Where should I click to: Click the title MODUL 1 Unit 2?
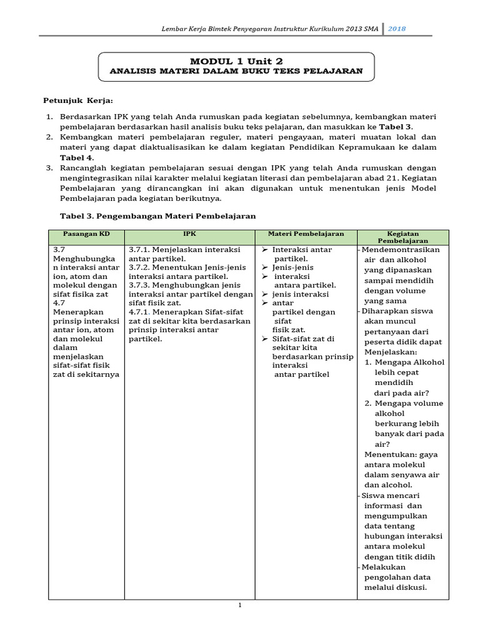[x=236, y=61]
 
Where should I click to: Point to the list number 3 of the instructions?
[x=49, y=168]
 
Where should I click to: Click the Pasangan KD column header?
[x=86, y=234]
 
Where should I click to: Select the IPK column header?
[x=189, y=234]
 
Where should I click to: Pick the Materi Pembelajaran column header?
[x=306, y=234]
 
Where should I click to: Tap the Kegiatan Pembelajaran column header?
[x=402, y=237]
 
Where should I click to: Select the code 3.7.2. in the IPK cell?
[x=140, y=267]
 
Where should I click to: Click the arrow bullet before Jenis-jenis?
[x=264, y=267]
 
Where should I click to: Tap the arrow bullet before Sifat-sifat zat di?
[x=264, y=339]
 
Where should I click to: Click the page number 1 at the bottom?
[x=239, y=605]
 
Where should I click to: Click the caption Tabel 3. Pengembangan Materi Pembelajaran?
[x=157, y=216]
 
